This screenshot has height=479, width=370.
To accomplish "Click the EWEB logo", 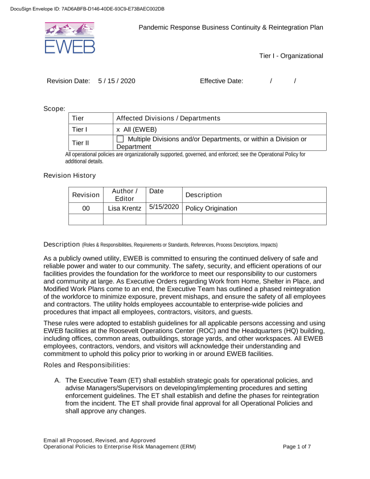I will (x=69, y=38).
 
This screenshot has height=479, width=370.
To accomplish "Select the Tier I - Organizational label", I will (x=291, y=56).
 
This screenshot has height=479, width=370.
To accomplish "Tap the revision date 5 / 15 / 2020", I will (x=117, y=81).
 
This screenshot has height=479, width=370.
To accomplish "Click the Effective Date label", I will (x=221, y=81).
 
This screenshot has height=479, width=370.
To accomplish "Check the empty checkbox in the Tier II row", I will (x=120, y=140).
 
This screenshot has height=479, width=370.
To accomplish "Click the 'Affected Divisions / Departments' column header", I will (x=168, y=118).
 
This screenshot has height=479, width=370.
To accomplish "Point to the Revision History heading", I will (x=69, y=175).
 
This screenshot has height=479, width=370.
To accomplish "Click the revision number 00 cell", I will (x=86, y=208).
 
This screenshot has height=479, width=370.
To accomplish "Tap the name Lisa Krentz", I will (x=125, y=208).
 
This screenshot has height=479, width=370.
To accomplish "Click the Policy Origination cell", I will (x=211, y=208).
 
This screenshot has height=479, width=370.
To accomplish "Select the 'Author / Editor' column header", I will (x=125, y=195).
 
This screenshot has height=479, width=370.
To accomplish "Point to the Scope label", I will (x=55, y=108).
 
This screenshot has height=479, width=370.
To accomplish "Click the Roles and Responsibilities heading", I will (x=87, y=365).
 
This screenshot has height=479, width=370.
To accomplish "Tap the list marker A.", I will (x=57, y=379).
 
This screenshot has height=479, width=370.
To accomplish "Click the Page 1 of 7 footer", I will (x=297, y=447).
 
